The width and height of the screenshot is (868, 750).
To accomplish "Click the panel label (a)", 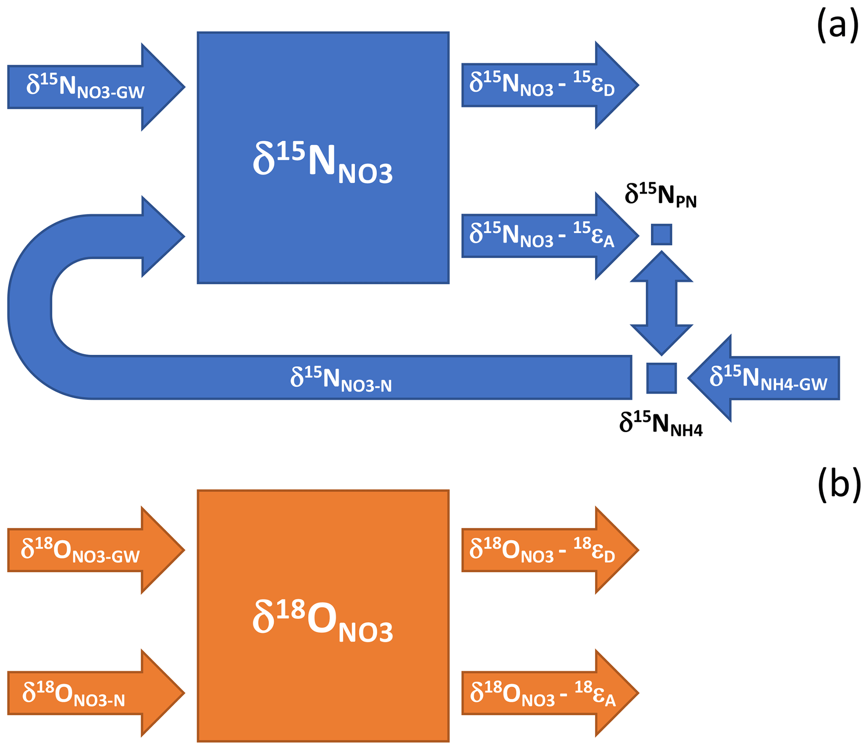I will point(837,26).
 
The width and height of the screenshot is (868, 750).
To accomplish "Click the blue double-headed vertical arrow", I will point(661,303).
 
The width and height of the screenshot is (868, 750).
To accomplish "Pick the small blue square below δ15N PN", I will point(661,235).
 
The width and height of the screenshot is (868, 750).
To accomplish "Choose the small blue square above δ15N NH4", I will point(661,378).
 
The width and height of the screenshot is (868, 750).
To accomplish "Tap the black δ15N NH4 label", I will point(660,424).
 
